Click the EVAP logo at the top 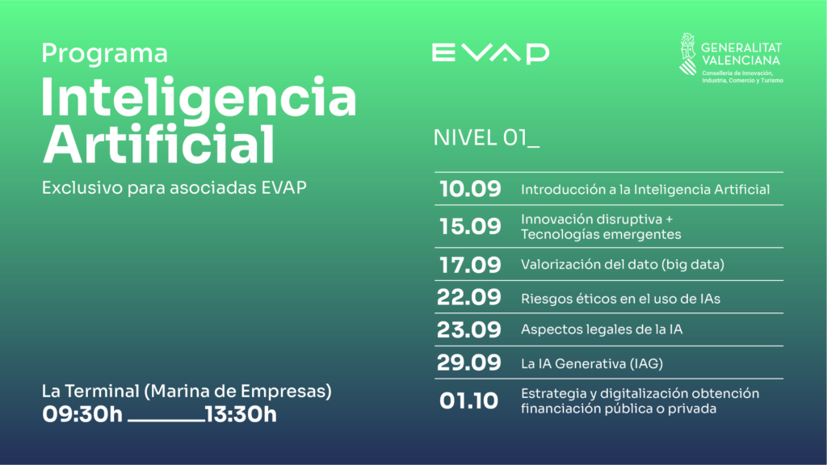pos(490,53)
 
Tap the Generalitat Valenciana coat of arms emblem pos(688,54)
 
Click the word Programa pos(104,54)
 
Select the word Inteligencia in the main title pos(199,97)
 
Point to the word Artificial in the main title pos(158,144)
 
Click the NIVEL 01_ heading pos(485,138)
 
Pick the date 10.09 pos(470,189)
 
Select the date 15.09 pos(470,226)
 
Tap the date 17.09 pos(470,265)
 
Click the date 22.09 pos(469,297)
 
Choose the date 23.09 pos(469,330)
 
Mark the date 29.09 pos(469,362)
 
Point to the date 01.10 pos(468,400)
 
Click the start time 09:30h pos(82,414)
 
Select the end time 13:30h pos(241,414)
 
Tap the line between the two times pos(166,421)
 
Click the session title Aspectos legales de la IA pos(602,329)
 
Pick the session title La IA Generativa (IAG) pos(592,363)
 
